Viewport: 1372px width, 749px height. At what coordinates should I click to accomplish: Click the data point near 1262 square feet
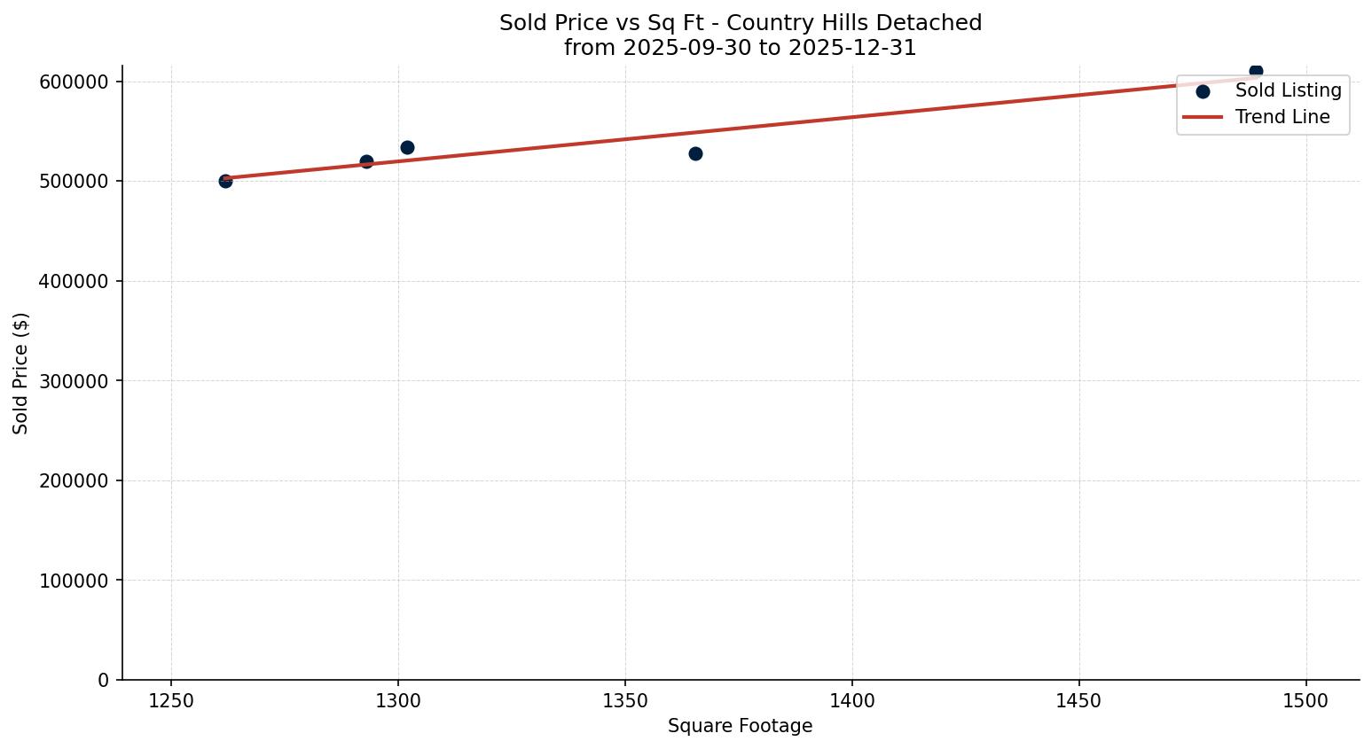point(225,181)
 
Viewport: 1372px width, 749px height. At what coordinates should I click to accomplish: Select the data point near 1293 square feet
point(366,161)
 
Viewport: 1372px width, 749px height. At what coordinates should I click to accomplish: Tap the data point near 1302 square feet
point(407,147)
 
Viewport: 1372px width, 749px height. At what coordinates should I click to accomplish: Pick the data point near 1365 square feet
point(695,153)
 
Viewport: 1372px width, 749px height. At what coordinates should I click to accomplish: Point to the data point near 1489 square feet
point(1256,71)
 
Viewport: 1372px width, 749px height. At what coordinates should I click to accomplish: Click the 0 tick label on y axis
point(104,680)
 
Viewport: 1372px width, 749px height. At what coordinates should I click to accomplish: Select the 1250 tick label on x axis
point(171,701)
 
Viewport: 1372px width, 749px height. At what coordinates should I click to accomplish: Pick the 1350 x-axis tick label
point(625,701)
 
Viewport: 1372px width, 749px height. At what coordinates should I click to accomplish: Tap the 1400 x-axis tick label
point(852,701)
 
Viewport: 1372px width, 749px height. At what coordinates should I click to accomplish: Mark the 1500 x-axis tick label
point(1305,701)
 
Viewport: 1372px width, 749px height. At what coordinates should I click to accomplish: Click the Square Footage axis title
point(740,726)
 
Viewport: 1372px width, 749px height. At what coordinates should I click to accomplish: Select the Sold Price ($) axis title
point(21,373)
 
